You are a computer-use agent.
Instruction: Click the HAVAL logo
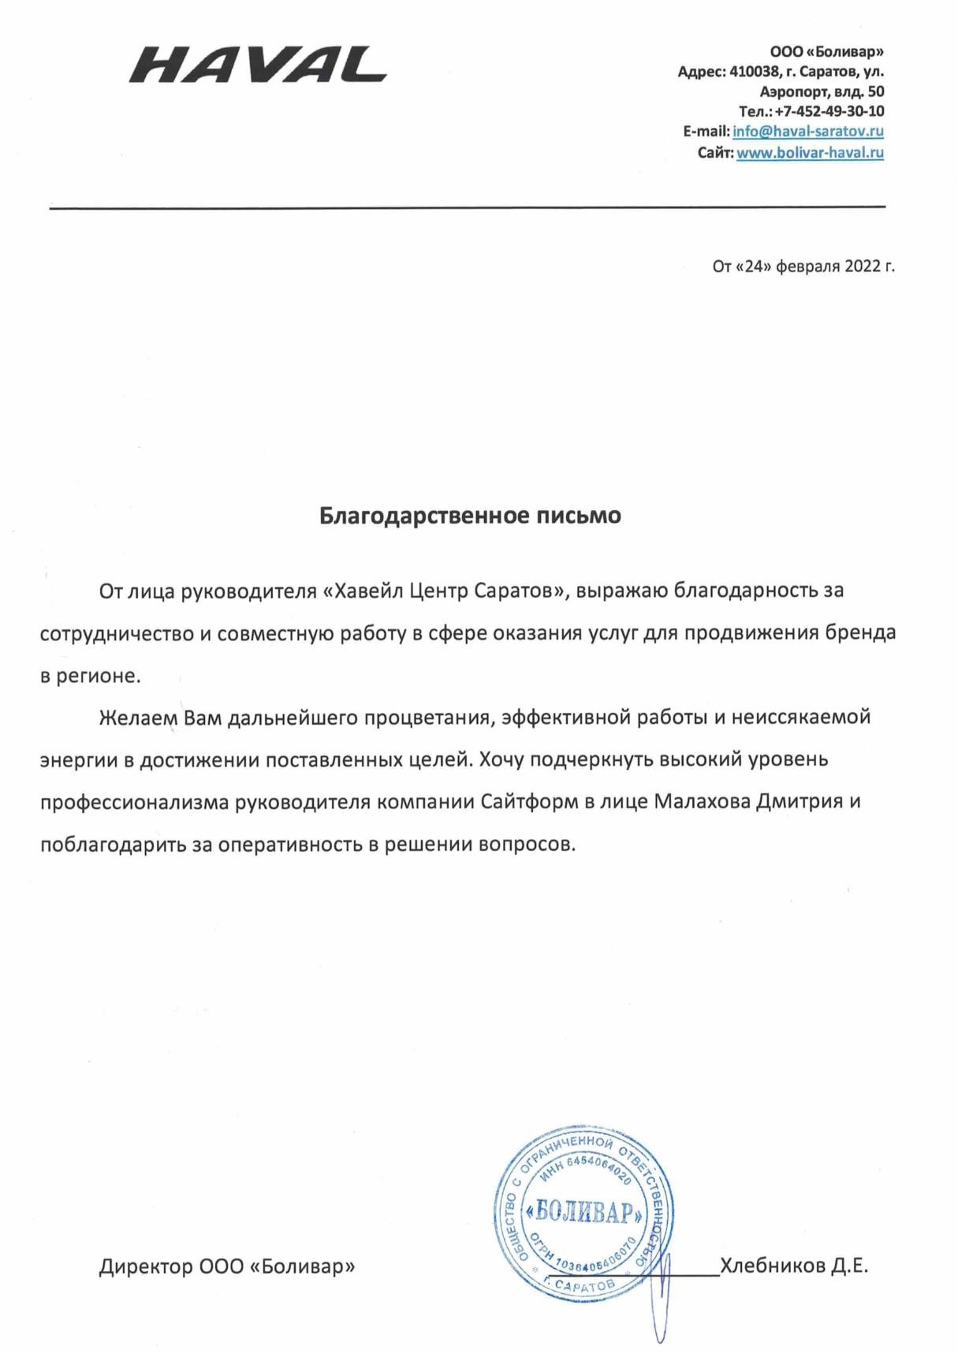[258, 65]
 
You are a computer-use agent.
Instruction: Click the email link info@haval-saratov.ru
[807, 132]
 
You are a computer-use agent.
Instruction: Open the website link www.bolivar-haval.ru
[810, 152]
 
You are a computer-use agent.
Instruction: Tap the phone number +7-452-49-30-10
[829, 111]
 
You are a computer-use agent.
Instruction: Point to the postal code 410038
[754, 72]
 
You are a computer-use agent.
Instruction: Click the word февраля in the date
[807, 266]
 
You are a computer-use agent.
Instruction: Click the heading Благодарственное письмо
[470, 516]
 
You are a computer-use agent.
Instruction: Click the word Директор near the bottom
[145, 1267]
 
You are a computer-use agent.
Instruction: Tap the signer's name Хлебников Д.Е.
[793, 1266]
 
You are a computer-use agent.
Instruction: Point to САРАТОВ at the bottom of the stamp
[584, 1286]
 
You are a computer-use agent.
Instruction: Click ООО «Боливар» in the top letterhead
[826, 52]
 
